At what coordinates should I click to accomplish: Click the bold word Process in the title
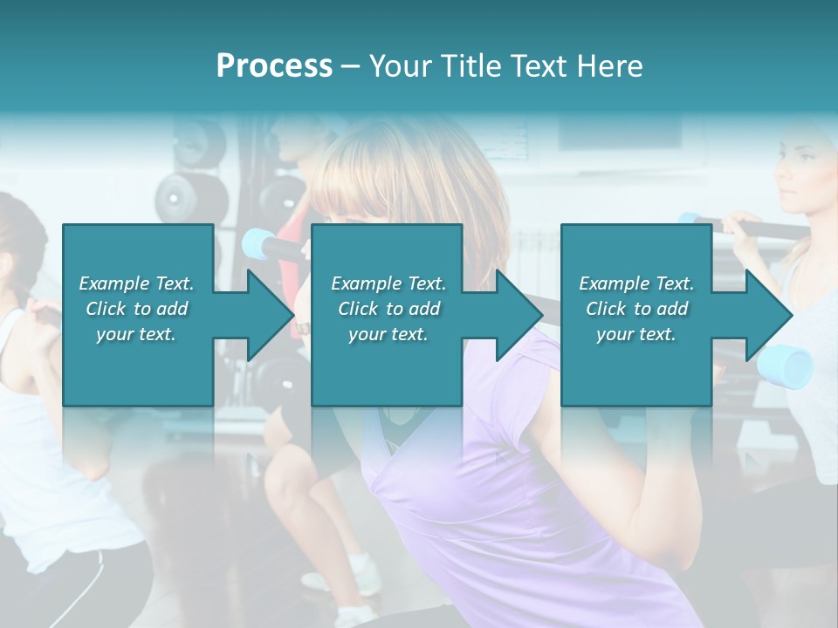point(274,66)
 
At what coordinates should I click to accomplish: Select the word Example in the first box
point(113,283)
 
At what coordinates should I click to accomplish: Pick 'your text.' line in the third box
point(636,334)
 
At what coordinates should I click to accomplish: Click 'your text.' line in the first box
point(136,334)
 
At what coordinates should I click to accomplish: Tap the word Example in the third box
point(613,283)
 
